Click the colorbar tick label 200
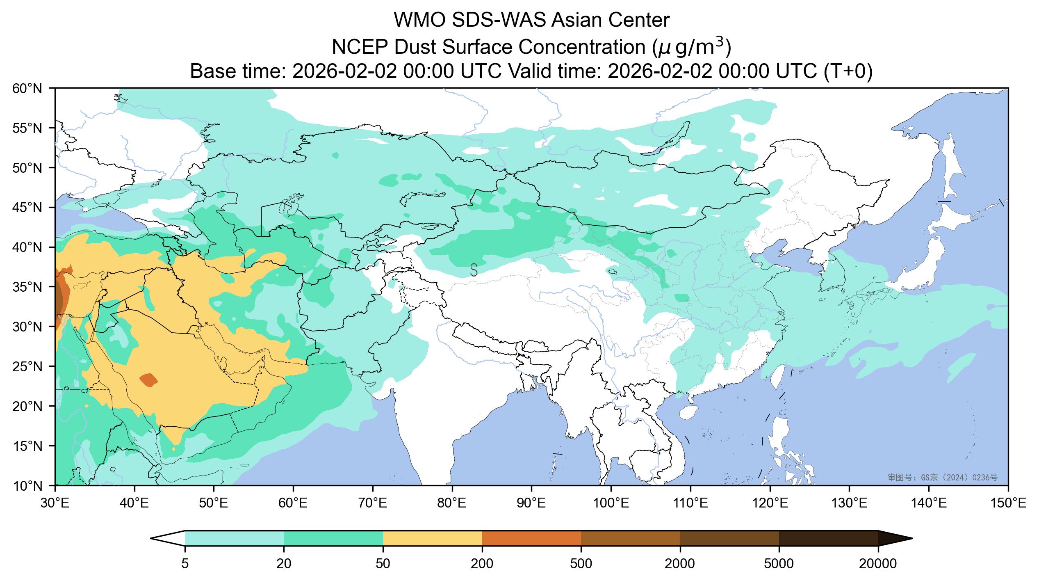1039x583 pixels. point(482,564)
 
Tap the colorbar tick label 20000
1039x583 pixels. point(878,564)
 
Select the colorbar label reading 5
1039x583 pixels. point(185,564)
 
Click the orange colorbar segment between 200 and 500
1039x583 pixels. point(531,538)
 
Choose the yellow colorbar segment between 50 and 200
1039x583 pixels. point(433,538)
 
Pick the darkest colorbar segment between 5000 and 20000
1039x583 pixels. point(828,538)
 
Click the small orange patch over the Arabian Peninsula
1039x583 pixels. point(148,380)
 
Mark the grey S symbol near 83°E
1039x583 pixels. point(474,270)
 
